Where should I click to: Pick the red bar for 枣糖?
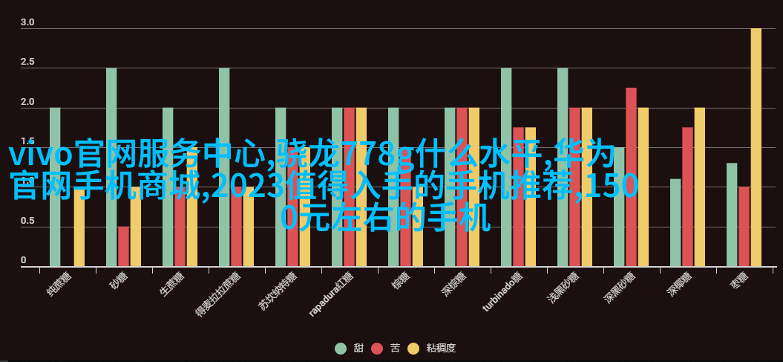(744, 227)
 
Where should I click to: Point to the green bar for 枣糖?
(732, 215)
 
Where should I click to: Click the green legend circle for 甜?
(341, 348)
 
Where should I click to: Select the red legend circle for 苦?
(377, 348)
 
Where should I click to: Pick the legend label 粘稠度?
(441, 348)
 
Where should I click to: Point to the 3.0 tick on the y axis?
(27, 22)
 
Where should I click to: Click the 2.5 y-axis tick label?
(27, 62)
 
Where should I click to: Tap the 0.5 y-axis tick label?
(27, 220)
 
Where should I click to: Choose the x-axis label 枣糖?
(738, 282)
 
